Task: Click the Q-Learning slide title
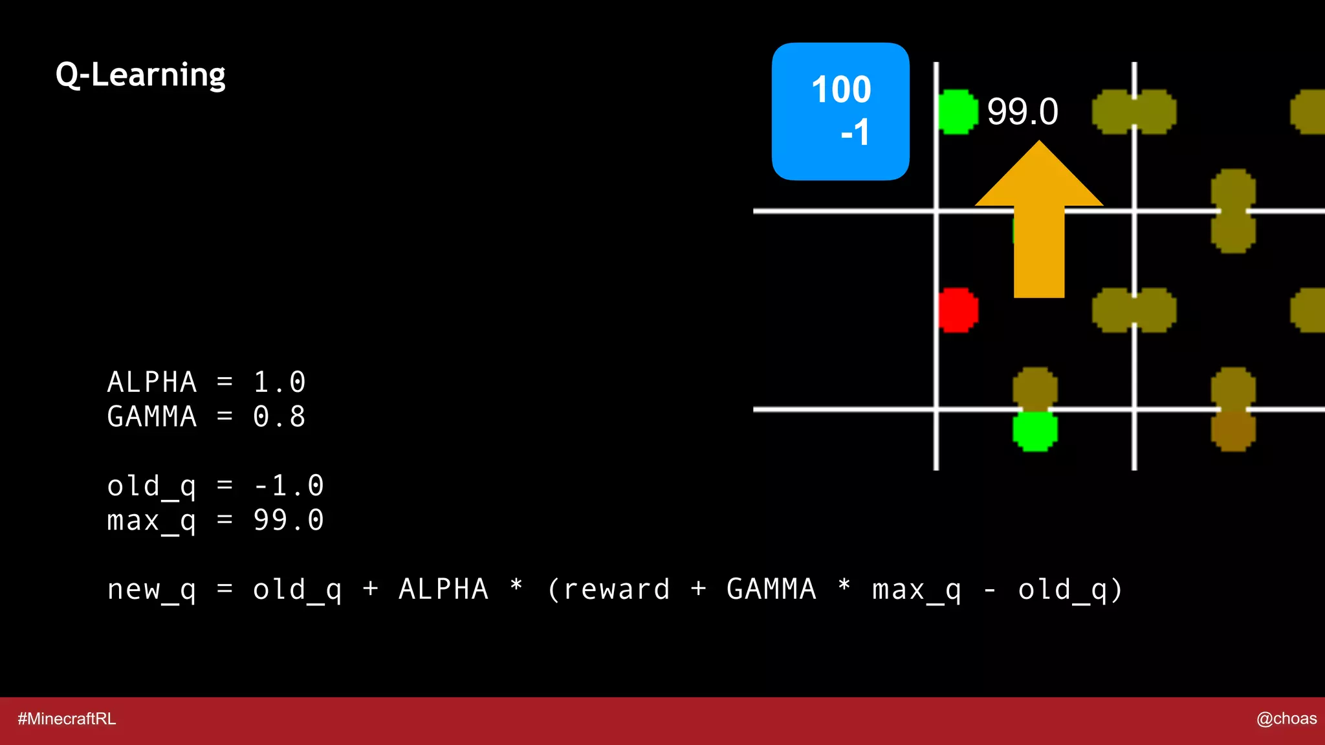pyautogui.click(x=140, y=75)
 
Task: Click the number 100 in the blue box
pyautogui.click(x=841, y=89)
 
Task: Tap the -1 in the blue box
pyautogui.click(x=855, y=133)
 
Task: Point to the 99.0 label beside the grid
pyautogui.click(x=1022, y=111)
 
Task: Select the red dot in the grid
pyautogui.click(x=958, y=310)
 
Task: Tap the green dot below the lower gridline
pyautogui.click(x=1035, y=431)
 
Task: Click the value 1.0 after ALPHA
pyautogui.click(x=279, y=382)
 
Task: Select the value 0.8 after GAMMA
pyautogui.click(x=279, y=416)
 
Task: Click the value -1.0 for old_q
pyautogui.click(x=288, y=486)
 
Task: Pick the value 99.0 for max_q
pyautogui.click(x=288, y=520)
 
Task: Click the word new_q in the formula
pyautogui.click(x=151, y=590)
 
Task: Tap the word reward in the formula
pyautogui.click(x=616, y=590)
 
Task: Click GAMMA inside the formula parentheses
pyautogui.click(x=771, y=590)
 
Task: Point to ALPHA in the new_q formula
pyautogui.click(x=443, y=590)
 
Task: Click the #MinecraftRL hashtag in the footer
pyautogui.click(x=67, y=718)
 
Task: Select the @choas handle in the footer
pyautogui.click(x=1286, y=718)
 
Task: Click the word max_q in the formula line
pyautogui.click(x=916, y=590)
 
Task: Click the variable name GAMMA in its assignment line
pyautogui.click(x=151, y=416)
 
